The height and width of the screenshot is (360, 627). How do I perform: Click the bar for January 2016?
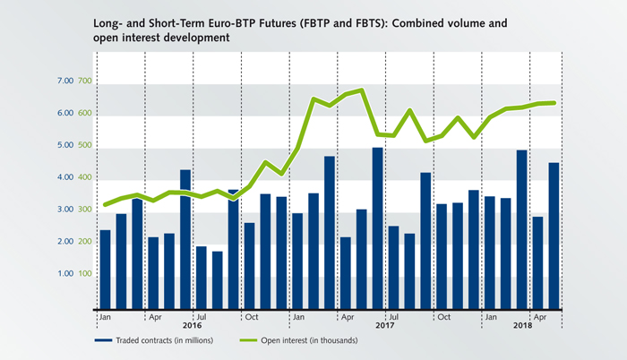point(105,269)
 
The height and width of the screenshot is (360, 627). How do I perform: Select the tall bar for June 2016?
point(185,238)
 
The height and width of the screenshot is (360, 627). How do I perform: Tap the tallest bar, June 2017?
point(377,227)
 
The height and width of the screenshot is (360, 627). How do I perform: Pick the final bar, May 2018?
point(554,235)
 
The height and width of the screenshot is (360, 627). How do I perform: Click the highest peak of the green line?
point(361,90)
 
